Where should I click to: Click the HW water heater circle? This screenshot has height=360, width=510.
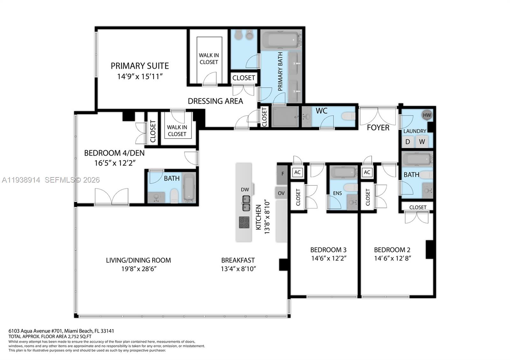pyautogui.click(x=427, y=115)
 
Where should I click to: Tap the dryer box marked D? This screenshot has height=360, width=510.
pyautogui.click(x=408, y=142)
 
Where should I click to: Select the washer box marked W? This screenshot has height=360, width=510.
pyautogui.click(x=422, y=142)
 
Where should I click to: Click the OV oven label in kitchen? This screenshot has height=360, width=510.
pyautogui.click(x=281, y=193)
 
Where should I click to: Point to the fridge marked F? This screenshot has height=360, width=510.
pyautogui.click(x=282, y=174)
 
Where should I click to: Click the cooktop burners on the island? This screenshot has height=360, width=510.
pyautogui.click(x=244, y=222)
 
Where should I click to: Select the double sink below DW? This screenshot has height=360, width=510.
pyautogui.click(x=246, y=203)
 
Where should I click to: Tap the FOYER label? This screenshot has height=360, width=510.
pyautogui.click(x=378, y=128)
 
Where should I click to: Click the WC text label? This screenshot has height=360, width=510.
pyautogui.click(x=321, y=111)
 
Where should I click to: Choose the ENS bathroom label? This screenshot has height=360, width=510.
pyautogui.click(x=337, y=193)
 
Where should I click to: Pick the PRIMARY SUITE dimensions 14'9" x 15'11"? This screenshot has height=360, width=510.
pyautogui.click(x=140, y=76)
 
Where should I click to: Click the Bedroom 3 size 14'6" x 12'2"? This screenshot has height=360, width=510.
pyautogui.click(x=329, y=258)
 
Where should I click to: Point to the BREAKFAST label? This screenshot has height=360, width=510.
pyautogui.click(x=238, y=260)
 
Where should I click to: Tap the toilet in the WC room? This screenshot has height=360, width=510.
pyautogui.click(x=348, y=116)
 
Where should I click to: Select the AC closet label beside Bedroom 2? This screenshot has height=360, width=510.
pyautogui.click(x=367, y=172)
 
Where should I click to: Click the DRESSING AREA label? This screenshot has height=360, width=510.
pyautogui.click(x=215, y=101)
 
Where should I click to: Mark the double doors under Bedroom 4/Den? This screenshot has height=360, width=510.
pyautogui.click(x=112, y=197)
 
